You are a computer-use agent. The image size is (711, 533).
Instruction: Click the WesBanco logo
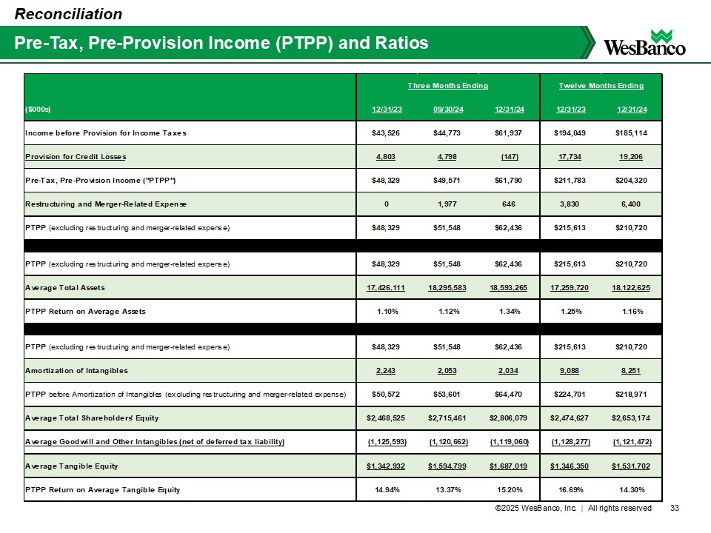[645, 42]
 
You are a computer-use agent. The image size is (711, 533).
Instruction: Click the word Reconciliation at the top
[69, 13]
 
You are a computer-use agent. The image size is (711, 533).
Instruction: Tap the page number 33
[674, 508]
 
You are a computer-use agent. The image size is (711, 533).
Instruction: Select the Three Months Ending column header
[448, 86]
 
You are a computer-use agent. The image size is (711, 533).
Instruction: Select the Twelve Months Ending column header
[601, 86]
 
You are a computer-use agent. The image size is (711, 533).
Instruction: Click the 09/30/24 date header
[448, 110]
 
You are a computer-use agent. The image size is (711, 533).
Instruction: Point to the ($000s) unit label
[38, 110]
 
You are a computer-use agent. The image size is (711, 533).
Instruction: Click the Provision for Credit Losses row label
[76, 156]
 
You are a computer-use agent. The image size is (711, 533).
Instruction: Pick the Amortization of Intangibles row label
[76, 369]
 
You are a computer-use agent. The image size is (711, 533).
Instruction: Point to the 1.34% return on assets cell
[513, 312]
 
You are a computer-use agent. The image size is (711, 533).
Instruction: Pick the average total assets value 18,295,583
[448, 286]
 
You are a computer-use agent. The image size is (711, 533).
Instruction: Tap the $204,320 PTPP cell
[632, 180]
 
